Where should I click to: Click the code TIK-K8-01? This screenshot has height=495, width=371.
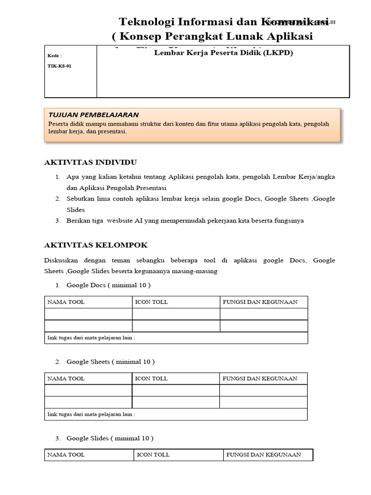pyautogui.click(x=59, y=66)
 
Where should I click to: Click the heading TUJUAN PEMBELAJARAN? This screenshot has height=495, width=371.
pyautogui.click(x=93, y=115)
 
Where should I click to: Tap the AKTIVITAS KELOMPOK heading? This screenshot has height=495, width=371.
pyautogui.click(x=96, y=245)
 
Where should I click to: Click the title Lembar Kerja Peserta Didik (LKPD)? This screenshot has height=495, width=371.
pyautogui.click(x=223, y=53)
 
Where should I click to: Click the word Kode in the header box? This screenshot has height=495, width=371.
pyautogui.click(x=54, y=56)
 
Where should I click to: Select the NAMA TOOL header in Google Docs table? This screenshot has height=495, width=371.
pyautogui.click(x=66, y=302)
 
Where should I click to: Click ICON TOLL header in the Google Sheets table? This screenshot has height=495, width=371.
pyautogui.click(x=151, y=379)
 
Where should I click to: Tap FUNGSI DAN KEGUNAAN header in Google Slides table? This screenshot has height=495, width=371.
pyautogui.click(x=263, y=455)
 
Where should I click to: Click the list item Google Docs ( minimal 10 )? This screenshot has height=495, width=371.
pyautogui.click(x=108, y=285)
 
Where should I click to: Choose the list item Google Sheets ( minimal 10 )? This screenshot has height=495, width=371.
pyautogui.click(x=110, y=362)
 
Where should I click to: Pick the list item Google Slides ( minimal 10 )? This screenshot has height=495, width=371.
pyautogui.click(x=110, y=438)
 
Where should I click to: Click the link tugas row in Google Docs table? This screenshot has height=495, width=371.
pyautogui.click(x=91, y=337)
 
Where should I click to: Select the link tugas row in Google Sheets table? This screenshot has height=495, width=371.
pyautogui.click(x=91, y=414)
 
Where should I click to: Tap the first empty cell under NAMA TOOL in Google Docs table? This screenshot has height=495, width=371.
pyautogui.click(x=88, y=314)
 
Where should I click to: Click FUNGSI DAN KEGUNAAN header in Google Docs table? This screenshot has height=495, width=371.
pyautogui.click(x=260, y=302)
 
